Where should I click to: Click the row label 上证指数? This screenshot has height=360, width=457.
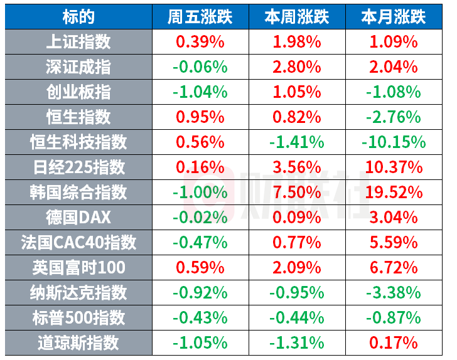78,42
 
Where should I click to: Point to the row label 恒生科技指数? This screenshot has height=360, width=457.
78,142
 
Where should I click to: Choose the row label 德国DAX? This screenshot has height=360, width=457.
78,218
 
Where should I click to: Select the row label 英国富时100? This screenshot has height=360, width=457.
78,268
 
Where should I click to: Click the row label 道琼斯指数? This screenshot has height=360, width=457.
78,343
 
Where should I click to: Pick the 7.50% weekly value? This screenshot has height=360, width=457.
297,193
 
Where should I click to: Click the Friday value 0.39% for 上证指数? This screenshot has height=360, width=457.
200,42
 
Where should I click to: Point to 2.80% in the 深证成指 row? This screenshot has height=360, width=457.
297,67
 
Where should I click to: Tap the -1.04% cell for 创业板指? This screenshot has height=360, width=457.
200,92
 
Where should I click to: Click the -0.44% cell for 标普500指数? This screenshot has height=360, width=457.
297,318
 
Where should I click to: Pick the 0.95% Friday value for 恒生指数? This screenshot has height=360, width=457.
200,117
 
